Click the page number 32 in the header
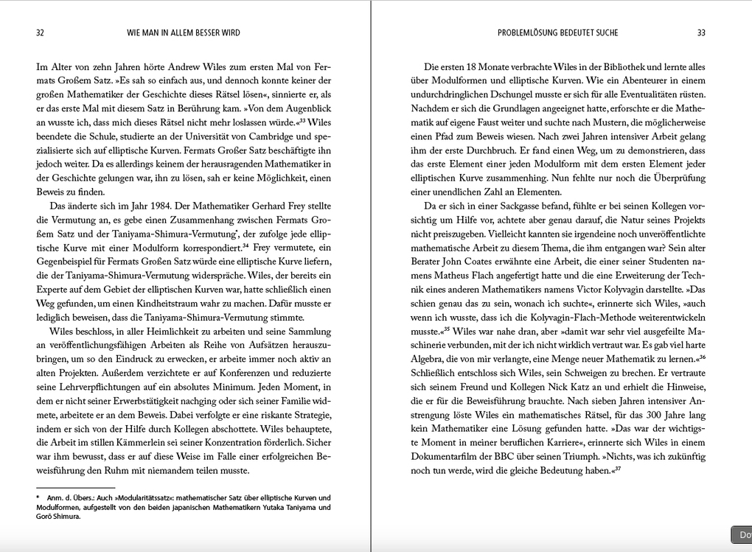[x=40, y=32]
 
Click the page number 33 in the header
[x=701, y=32]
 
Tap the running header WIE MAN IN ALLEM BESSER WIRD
[x=184, y=32]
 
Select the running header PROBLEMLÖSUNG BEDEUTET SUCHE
[x=557, y=32]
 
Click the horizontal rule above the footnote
[x=75, y=488]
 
